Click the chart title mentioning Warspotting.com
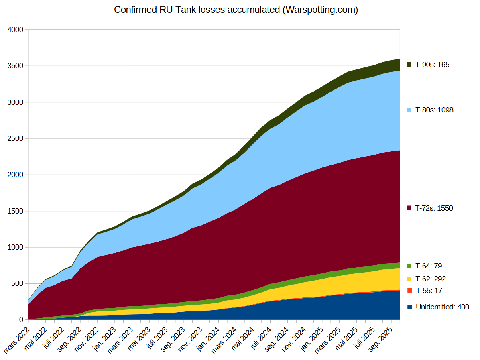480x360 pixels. [236, 10]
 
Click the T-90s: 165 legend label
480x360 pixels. [432, 65]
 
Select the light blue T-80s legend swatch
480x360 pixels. [409, 110]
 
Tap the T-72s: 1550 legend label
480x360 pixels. [434, 208]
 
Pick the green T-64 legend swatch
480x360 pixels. [409, 266]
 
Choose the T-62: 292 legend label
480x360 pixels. [431, 279]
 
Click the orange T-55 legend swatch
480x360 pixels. [409, 291]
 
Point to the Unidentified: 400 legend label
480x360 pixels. [442, 307]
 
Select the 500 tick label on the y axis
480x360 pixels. [18, 283]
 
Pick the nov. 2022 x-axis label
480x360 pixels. [87, 340]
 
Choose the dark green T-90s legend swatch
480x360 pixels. [409, 65]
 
